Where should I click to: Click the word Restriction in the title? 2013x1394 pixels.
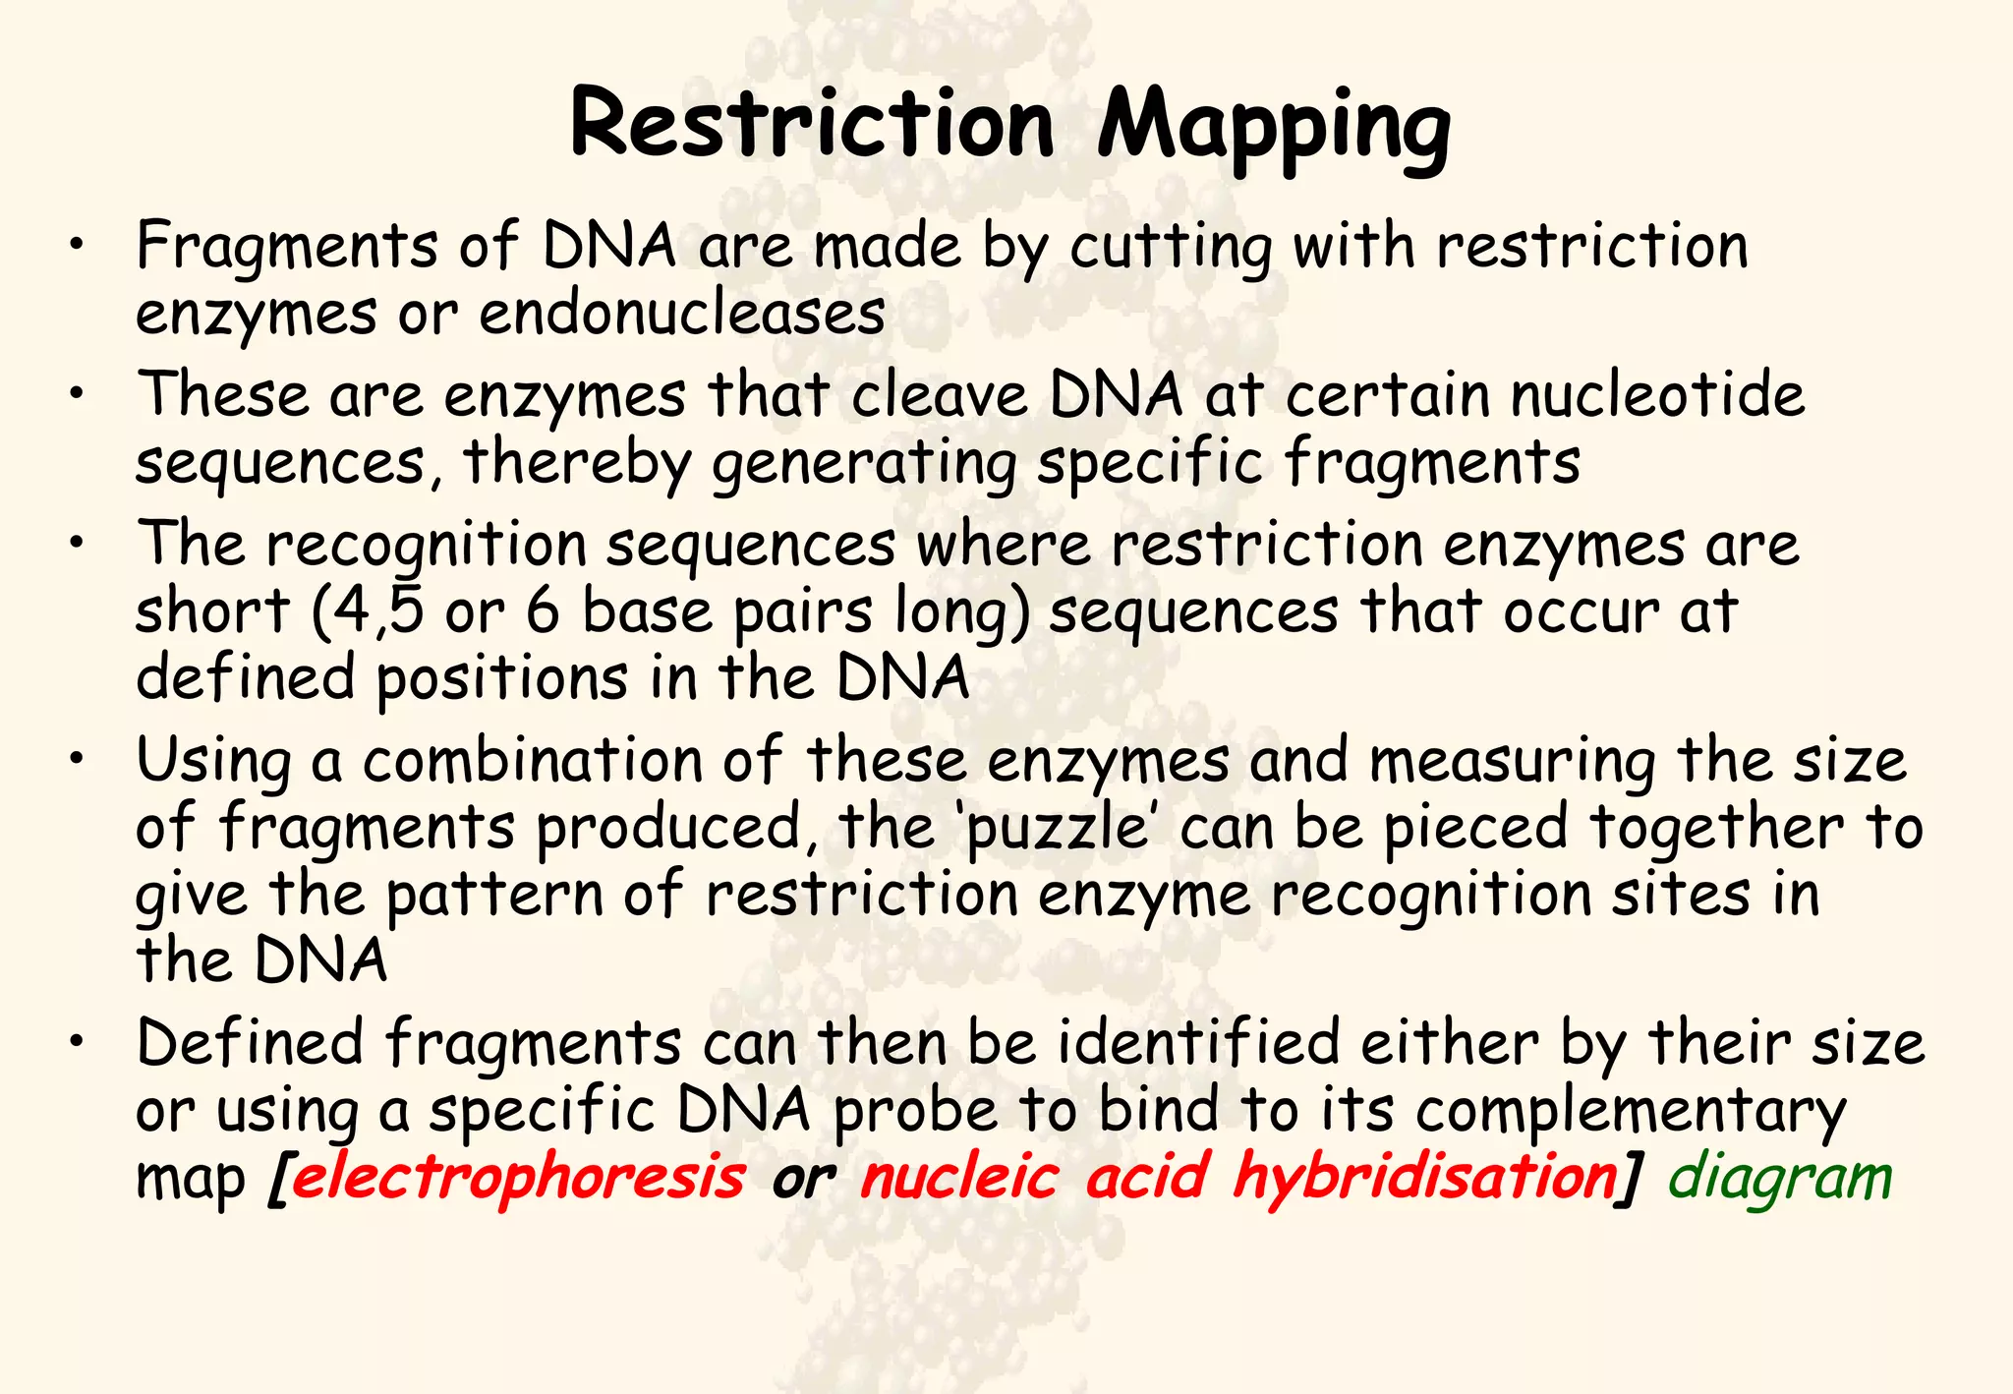pyautogui.click(x=811, y=125)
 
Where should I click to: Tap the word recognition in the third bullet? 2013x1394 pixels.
pyautogui.click(x=427, y=546)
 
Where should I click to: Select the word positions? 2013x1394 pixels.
pyautogui.click(x=501, y=679)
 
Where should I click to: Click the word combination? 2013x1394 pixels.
pyautogui.click(x=533, y=761)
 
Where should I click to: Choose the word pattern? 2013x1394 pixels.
pyautogui.click(x=493, y=896)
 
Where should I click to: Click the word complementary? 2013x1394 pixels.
pyautogui.click(x=1631, y=1111)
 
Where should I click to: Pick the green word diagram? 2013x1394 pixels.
pyautogui.click(x=1780, y=1178)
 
